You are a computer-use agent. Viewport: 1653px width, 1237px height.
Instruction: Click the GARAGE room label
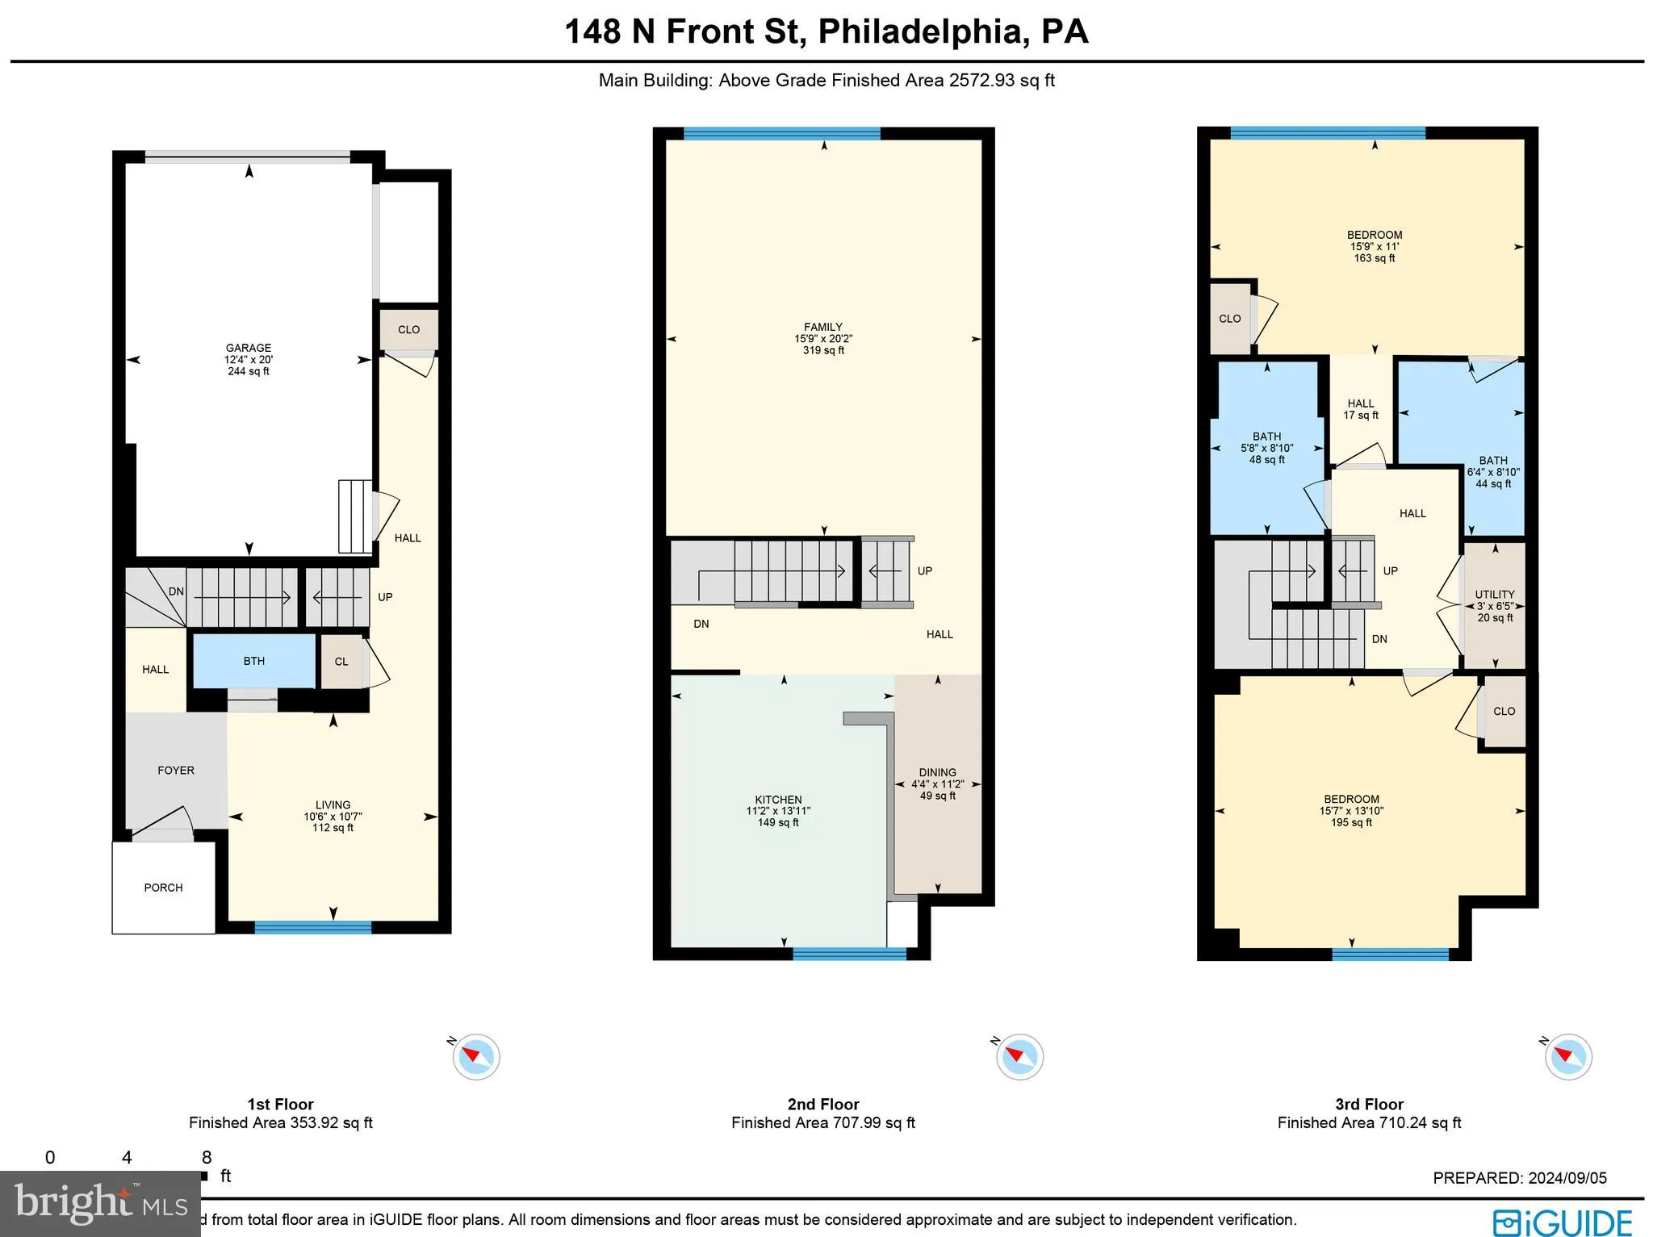pyautogui.click(x=249, y=349)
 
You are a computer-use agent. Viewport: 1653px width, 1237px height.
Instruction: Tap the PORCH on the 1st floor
pyautogui.click(x=163, y=888)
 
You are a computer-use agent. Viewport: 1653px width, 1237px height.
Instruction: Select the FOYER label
pyautogui.click(x=176, y=771)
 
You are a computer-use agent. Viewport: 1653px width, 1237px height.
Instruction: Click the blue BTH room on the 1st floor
pyautogui.click(x=253, y=661)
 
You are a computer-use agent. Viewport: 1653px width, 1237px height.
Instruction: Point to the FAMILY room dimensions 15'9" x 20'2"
pyautogui.click(x=823, y=339)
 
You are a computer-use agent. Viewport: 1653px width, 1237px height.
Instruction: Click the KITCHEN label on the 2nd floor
pyautogui.click(x=778, y=800)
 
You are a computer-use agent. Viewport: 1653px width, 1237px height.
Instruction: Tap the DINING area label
pyautogui.click(x=937, y=772)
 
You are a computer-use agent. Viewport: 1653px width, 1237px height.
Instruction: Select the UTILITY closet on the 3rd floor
pyautogui.click(x=1495, y=605)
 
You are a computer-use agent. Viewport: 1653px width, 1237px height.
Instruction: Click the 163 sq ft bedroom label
pyautogui.click(x=1375, y=246)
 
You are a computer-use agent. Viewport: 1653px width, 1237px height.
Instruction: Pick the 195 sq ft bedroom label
pyautogui.click(x=1351, y=810)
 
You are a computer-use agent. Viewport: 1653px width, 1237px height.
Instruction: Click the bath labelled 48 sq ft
pyautogui.click(x=1266, y=448)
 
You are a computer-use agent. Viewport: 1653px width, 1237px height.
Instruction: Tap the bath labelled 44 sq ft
pyautogui.click(x=1493, y=472)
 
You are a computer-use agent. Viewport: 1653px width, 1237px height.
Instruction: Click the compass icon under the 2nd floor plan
pyautogui.click(x=1019, y=1056)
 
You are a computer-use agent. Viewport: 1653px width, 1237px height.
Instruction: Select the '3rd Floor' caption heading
pyautogui.click(x=1369, y=1104)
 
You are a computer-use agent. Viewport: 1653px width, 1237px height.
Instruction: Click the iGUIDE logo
pyautogui.click(x=1563, y=1222)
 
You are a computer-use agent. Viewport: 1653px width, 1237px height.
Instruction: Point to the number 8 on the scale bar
pyautogui.click(x=207, y=1157)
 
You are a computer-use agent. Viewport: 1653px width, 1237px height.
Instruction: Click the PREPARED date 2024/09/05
pyautogui.click(x=1519, y=1178)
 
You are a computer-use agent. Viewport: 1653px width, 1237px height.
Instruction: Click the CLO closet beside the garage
pyautogui.click(x=408, y=329)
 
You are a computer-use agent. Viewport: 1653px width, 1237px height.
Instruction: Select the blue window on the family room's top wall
pyautogui.click(x=781, y=134)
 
